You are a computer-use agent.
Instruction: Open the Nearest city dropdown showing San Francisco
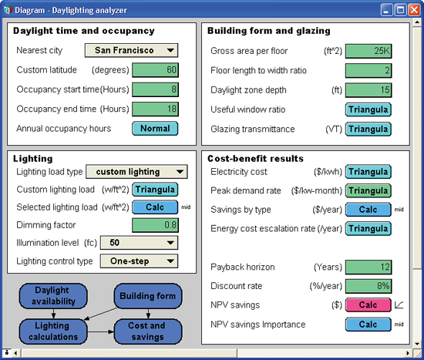pyautogui.click(x=131, y=50)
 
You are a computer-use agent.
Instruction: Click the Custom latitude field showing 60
pyautogui.click(x=155, y=70)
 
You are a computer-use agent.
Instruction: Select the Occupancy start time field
pyautogui.click(x=155, y=89)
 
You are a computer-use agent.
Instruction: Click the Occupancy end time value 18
pyautogui.click(x=155, y=109)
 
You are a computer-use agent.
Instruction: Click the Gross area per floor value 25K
pyautogui.click(x=368, y=51)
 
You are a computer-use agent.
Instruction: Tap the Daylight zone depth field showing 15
pyautogui.click(x=368, y=90)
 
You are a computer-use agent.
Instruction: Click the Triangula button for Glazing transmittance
pyautogui.click(x=368, y=129)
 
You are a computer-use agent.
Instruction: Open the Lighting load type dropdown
pyautogui.click(x=136, y=172)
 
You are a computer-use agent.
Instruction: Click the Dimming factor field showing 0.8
pyautogui.click(x=155, y=225)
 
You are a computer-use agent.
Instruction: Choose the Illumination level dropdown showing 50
pyautogui.click(x=139, y=243)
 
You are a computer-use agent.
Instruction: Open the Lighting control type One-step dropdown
pyautogui.click(x=139, y=261)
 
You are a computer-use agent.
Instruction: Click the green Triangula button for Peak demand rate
pyautogui.click(x=368, y=190)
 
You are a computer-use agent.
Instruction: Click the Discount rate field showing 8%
pyautogui.click(x=368, y=286)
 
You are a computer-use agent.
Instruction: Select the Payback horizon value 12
pyautogui.click(x=368, y=267)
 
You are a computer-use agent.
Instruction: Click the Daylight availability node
pyautogui.click(x=53, y=296)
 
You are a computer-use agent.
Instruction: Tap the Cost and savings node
pyautogui.click(x=148, y=331)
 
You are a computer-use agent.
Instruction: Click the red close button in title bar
pyautogui.click(x=414, y=10)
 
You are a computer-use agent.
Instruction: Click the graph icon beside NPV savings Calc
pyautogui.click(x=399, y=304)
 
